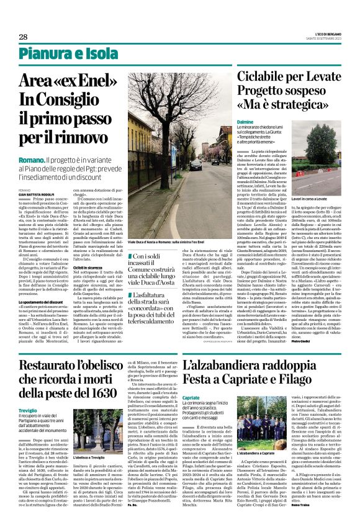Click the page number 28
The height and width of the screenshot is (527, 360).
tap(23, 37)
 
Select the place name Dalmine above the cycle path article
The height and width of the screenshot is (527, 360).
tap(245, 123)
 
